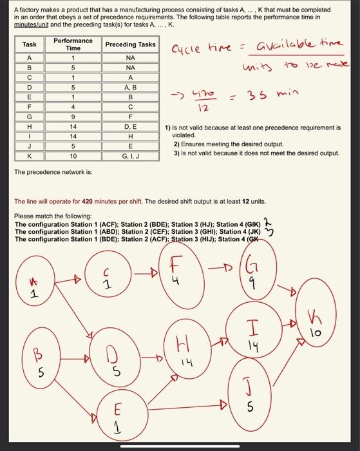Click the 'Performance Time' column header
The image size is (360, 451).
coord(73,44)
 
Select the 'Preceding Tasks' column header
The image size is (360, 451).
coord(130,44)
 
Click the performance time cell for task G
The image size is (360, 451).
coord(73,118)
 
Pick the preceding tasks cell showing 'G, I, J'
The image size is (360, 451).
coord(130,156)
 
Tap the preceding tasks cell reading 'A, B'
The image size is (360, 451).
coord(130,87)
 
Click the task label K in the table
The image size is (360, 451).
coord(29,156)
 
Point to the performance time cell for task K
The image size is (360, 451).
coord(73,156)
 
